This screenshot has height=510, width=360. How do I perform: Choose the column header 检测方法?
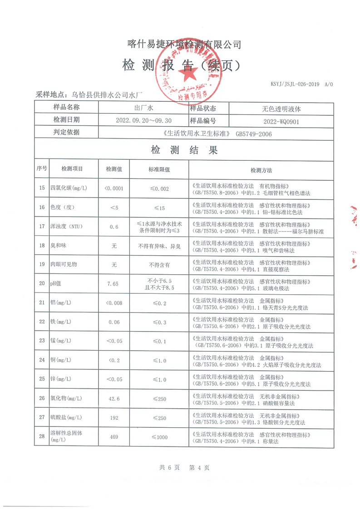tap(261, 170)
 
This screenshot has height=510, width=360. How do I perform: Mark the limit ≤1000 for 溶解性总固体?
tap(159, 437)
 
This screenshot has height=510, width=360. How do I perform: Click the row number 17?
tap(42, 226)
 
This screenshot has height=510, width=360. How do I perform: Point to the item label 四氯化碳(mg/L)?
tap(69, 188)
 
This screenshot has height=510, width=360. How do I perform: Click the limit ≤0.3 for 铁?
tap(159, 322)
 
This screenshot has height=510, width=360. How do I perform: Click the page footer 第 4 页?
tap(199, 467)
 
